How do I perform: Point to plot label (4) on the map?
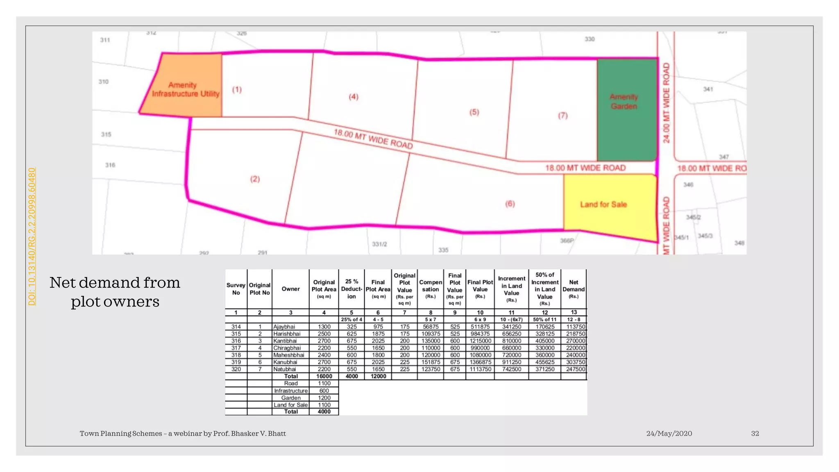[x=354, y=97]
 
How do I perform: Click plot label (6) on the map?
[x=510, y=204]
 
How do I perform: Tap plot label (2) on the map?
[x=255, y=179]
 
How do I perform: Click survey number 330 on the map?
[x=590, y=39]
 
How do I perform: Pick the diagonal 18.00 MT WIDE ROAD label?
[x=373, y=139]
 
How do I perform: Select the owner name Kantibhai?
[x=286, y=341]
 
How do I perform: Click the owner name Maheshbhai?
[x=289, y=355]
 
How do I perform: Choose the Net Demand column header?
[x=574, y=289]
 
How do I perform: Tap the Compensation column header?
[x=430, y=289]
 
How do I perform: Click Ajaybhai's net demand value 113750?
[x=576, y=327]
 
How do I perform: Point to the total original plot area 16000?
[x=324, y=376]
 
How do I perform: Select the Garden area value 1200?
[x=324, y=398]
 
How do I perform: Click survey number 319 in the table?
[x=236, y=362]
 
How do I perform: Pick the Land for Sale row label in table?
[x=291, y=405]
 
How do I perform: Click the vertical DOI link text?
[x=32, y=236]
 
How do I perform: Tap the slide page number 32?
[x=755, y=433]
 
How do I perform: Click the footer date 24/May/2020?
[x=669, y=433]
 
